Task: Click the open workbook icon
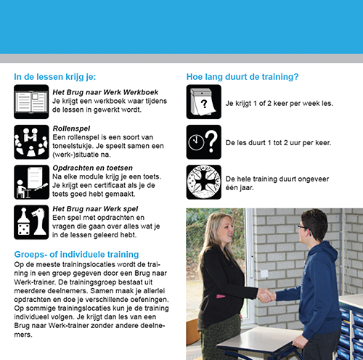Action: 31,102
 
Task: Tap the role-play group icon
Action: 31,142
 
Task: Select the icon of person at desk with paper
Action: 31,182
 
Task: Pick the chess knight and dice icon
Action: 31,222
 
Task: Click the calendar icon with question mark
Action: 204,102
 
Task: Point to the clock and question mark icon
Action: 204,142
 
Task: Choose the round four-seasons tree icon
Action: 204,182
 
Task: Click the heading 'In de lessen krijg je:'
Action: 55,77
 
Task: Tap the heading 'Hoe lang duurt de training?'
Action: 242,77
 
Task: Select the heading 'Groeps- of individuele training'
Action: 76,255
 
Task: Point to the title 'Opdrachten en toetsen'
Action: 93,168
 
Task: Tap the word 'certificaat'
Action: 112,185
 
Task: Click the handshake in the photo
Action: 266,295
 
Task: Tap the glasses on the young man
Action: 303,228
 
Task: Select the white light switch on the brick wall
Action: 264,274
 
